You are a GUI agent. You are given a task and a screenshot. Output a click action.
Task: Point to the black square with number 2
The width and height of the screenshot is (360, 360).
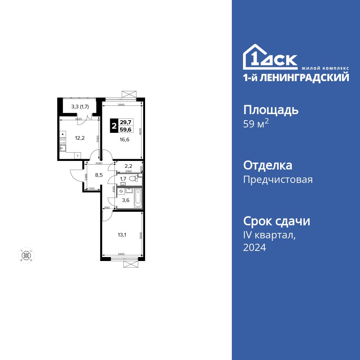pos(114,126)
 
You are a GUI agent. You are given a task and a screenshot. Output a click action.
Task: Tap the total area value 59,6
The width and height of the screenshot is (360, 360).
pos(126,130)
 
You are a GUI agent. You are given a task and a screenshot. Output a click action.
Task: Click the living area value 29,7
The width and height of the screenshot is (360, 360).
pos(126,122)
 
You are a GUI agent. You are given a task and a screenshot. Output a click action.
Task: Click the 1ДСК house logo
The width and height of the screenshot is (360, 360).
pos(270,58)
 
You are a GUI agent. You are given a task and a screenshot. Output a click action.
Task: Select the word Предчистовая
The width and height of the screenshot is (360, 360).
pos(278,180)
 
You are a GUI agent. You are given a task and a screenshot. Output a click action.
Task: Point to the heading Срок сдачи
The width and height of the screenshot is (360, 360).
pos(276,221)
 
